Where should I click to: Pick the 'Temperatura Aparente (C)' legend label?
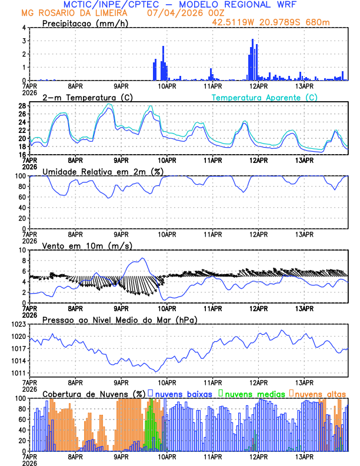[264, 97]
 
